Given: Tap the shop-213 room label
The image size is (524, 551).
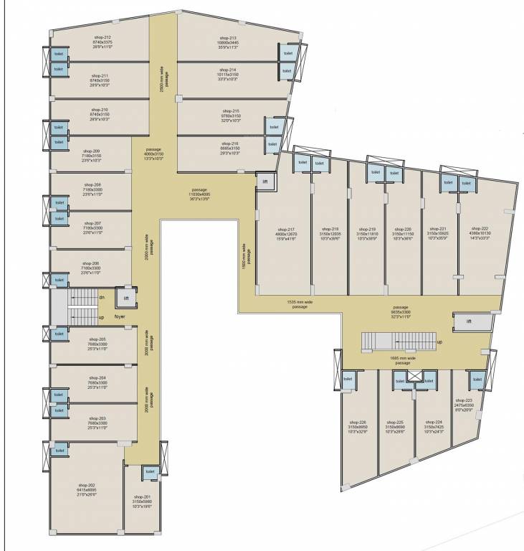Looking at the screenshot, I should (x=228, y=37).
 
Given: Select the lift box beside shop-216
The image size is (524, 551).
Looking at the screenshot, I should (x=264, y=182).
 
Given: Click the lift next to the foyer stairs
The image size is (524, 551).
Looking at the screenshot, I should (x=125, y=298).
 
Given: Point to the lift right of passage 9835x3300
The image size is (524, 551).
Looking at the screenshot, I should (x=469, y=322).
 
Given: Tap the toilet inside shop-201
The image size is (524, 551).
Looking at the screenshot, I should (x=150, y=471).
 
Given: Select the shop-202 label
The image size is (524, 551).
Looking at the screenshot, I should (x=86, y=486).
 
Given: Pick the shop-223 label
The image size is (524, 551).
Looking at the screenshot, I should (x=464, y=400).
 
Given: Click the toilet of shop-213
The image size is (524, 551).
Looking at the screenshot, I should (x=288, y=54).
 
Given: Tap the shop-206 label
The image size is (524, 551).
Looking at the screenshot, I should (x=90, y=263).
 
